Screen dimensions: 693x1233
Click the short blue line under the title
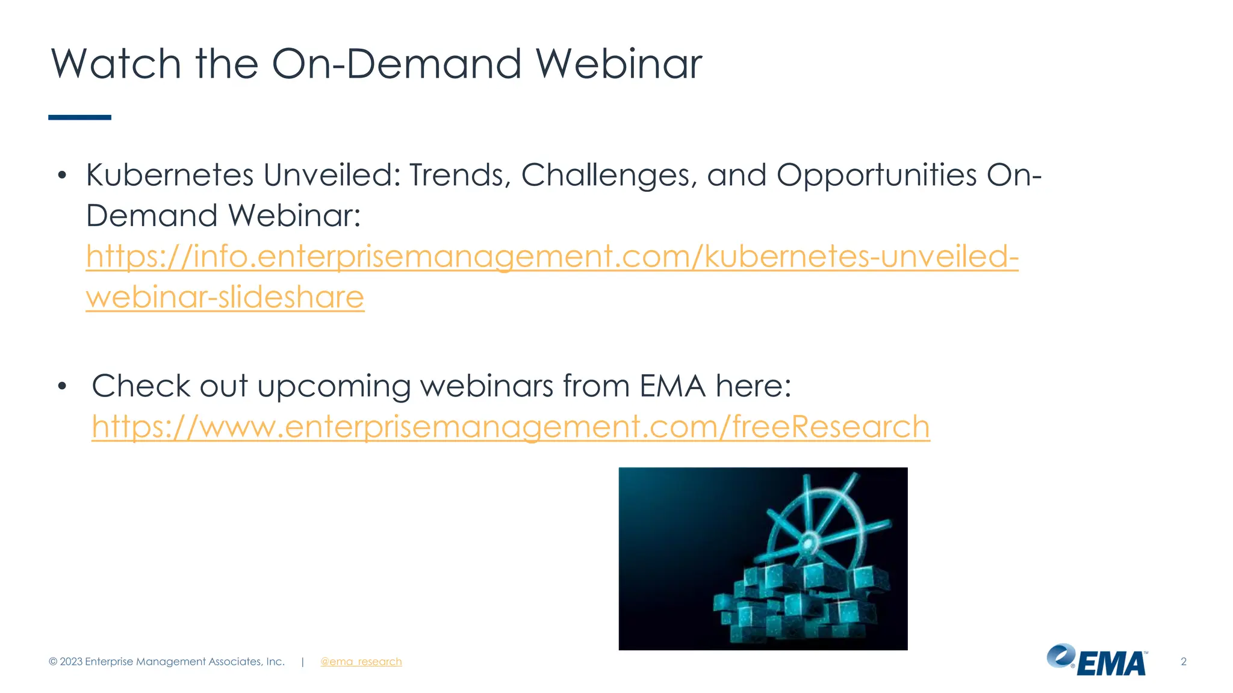pyautogui.click(x=79, y=117)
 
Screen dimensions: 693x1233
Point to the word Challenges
pyautogui.click(x=608, y=176)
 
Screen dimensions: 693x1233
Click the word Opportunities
pyautogui.click(x=877, y=176)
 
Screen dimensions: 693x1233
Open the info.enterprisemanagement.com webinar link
pyautogui.click(x=551, y=257)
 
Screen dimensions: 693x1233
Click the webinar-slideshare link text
pyautogui.click(x=225, y=298)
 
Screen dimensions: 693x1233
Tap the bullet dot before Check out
pyautogui.click(x=62, y=387)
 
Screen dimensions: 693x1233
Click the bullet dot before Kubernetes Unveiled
pyautogui.click(x=62, y=176)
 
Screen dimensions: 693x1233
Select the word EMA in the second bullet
pyautogui.click(x=672, y=386)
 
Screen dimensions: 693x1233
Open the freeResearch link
pyautogui.click(x=511, y=427)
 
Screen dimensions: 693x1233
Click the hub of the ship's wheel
pyautogui.click(x=809, y=541)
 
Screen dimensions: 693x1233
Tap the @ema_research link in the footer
pyautogui.click(x=361, y=662)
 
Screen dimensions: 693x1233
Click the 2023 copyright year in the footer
pyautogui.click(x=71, y=662)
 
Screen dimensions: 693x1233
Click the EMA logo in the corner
pyautogui.click(x=1097, y=661)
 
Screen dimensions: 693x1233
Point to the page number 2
pyautogui.click(x=1183, y=662)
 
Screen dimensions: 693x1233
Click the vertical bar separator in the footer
pyautogui.click(x=302, y=662)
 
